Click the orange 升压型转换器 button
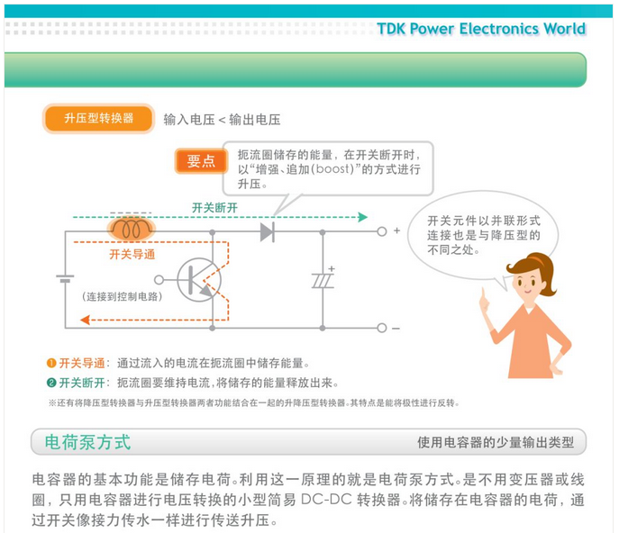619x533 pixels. tap(99, 119)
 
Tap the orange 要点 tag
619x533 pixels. tap(201, 161)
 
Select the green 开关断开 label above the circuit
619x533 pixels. tap(214, 207)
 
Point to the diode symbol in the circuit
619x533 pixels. tap(267, 231)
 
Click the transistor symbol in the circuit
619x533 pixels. tap(197, 278)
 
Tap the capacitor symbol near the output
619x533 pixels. tap(323, 280)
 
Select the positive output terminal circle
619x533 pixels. tap(381, 231)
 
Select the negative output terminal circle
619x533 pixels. tap(381, 329)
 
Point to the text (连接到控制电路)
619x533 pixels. tap(123, 296)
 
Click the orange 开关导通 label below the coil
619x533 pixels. tap(132, 255)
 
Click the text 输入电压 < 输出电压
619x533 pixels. tap(223, 120)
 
